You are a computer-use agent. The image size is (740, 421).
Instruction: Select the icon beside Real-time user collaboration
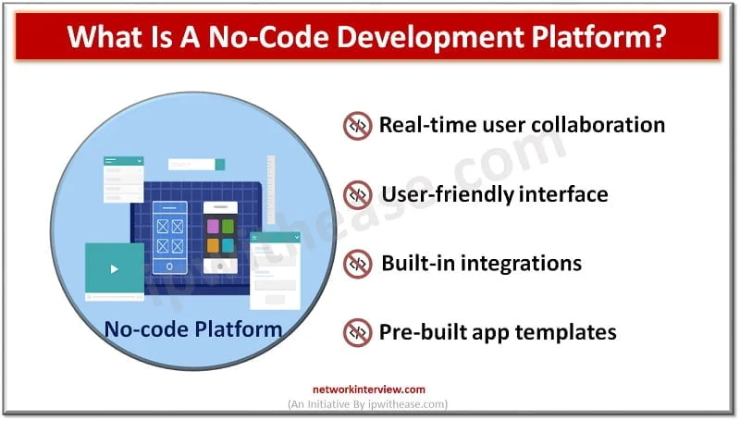coord(357,127)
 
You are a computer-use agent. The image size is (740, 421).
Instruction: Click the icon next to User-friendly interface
coord(357,195)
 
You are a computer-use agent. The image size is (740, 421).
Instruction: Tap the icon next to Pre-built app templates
coord(357,332)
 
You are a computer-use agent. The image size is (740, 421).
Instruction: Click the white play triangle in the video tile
coord(114,269)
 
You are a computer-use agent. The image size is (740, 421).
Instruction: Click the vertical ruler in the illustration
coord(271,190)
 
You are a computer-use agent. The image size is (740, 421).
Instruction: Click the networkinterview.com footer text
coord(369,390)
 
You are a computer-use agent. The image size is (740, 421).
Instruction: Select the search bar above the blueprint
coord(196,165)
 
